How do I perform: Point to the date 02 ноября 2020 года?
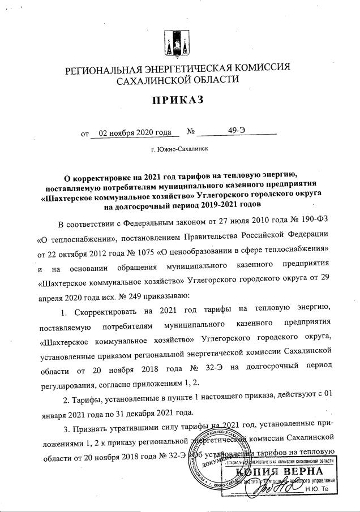point(135,133)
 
